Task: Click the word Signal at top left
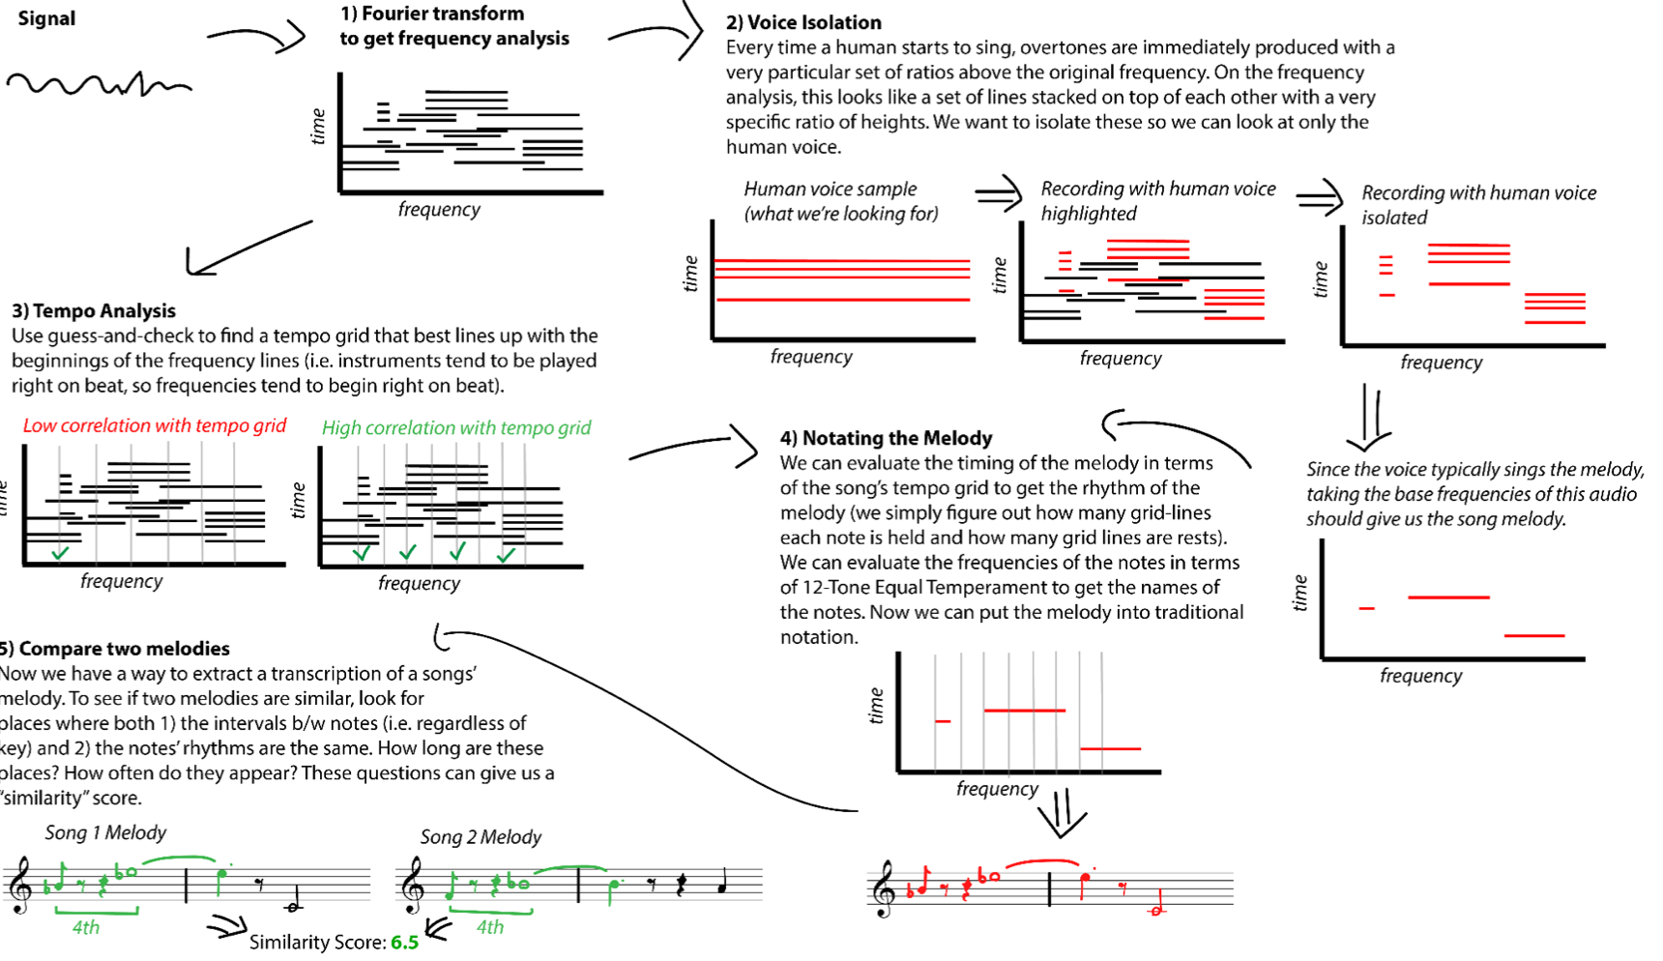click(x=46, y=18)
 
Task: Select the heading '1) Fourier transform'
click(x=431, y=14)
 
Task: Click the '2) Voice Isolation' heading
click(x=803, y=22)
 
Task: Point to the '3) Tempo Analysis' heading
click(x=94, y=310)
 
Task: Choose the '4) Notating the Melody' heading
click(x=886, y=438)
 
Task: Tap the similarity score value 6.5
click(x=404, y=943)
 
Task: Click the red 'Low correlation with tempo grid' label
click(x=155, y=425)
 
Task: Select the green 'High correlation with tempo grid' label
click(x=456, y=427)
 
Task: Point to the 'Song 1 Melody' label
click(x=105, y=832)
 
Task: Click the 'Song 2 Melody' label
click(x=481, y=836)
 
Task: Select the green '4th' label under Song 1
click(x=86, y=927)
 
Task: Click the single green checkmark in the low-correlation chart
click(x=60, y=553)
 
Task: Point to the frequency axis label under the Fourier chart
click(x=439, y=209)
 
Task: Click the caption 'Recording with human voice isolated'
click(x=1477, y=205)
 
